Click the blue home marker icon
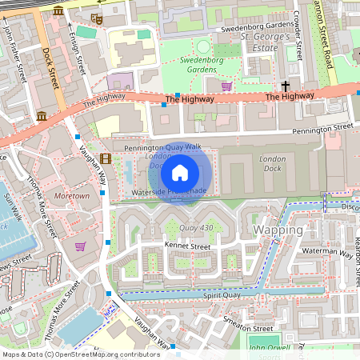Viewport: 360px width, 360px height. (180, 173)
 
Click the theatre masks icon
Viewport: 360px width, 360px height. (98, 18)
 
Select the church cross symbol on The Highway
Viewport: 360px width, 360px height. (285, 85)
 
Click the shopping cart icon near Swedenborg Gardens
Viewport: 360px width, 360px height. (226, 86)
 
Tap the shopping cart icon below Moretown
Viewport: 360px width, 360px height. (79, 246)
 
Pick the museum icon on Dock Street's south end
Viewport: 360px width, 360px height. (41, 117)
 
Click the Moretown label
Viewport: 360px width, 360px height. (71, 195)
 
